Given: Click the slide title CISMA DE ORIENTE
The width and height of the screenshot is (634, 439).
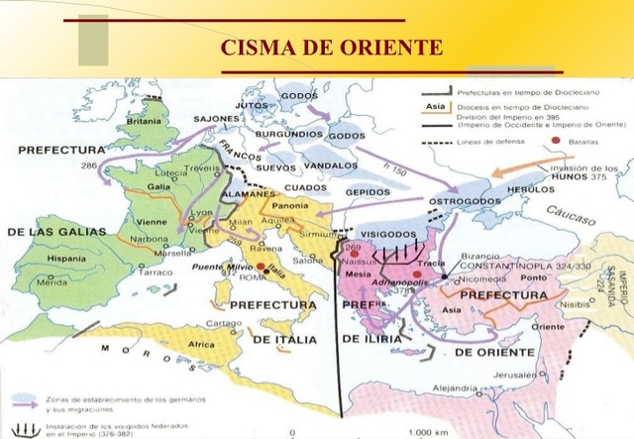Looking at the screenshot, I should (x=331, y=48).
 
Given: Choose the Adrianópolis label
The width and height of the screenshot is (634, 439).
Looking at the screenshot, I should (x=397, y=282).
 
